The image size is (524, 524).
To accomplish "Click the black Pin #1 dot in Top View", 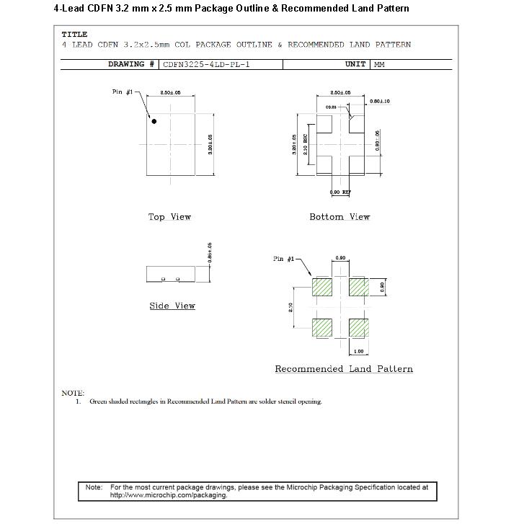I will coord(154,122).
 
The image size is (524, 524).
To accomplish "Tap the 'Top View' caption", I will coord(169,217).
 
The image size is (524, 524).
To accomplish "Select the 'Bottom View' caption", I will coord(339,217).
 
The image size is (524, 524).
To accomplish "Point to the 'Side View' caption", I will coord(172,306).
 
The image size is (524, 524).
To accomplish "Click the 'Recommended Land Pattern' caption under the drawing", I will coord(344,369).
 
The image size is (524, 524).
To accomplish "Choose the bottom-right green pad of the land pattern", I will coord(358,327).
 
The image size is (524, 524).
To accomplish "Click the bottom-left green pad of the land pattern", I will coord(322,327).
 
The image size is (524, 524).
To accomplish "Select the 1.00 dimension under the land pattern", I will coord(359,351).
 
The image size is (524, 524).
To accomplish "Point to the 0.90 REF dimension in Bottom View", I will coord(339,192).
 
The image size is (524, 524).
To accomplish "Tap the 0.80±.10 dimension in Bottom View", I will coord(380,102).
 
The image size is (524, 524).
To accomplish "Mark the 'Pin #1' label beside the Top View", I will coord(123,92).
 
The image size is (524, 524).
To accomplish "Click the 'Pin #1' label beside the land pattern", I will coord(284,259).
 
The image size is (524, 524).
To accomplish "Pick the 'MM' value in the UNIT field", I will coord(379,64).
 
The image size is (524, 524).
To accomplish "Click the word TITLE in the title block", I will coord(74,34).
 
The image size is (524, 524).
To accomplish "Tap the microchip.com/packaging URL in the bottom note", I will coord(169,495).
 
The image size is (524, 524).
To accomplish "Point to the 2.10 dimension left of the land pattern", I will coord(290,308).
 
